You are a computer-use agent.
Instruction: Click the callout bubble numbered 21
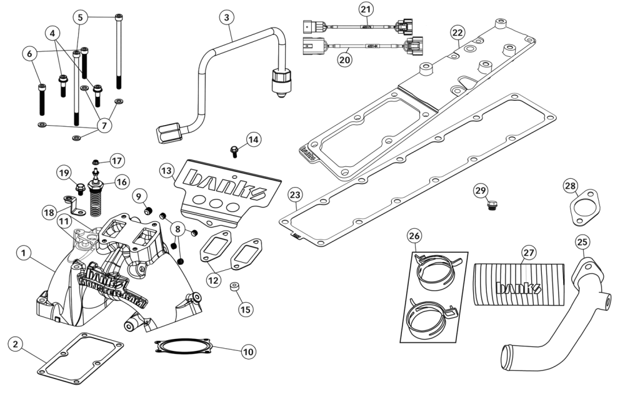365,9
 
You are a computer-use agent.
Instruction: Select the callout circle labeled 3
226,17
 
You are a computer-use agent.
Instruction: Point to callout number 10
248,351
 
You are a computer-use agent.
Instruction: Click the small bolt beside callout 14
234,151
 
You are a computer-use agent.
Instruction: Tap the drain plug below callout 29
492,205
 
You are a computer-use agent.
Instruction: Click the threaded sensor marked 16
96,198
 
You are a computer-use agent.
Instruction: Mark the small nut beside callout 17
96,162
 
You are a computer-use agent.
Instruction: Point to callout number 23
296,196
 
